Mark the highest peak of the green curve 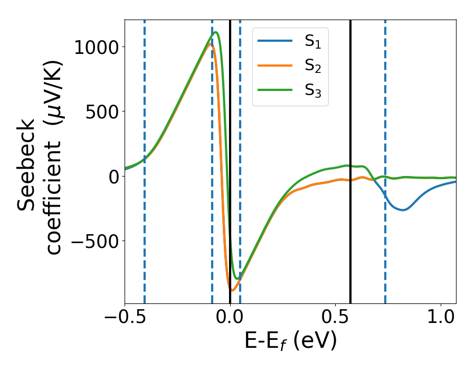216,33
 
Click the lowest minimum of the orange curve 232,290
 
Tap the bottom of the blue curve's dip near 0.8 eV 403,210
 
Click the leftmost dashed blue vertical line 145,159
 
